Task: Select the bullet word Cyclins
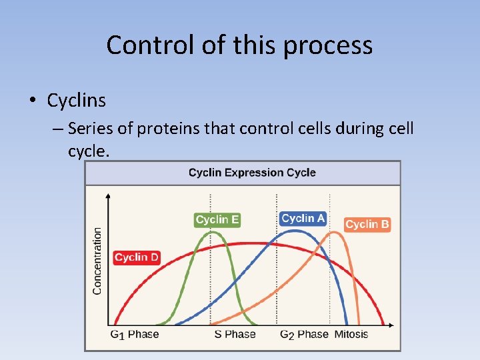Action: point(77,101)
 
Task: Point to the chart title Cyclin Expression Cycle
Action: point(252,173)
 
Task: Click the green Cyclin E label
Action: point(217,219)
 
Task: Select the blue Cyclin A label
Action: point(303,218)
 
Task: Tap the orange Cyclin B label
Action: point(367,225)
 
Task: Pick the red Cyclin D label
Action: point(137,257)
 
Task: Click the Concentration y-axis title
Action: point(97,261)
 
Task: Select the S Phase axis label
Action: point(235,334)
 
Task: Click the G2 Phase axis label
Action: point(304,334)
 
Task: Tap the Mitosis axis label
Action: point(351,334)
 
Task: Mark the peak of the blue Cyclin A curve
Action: point(300,231)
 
